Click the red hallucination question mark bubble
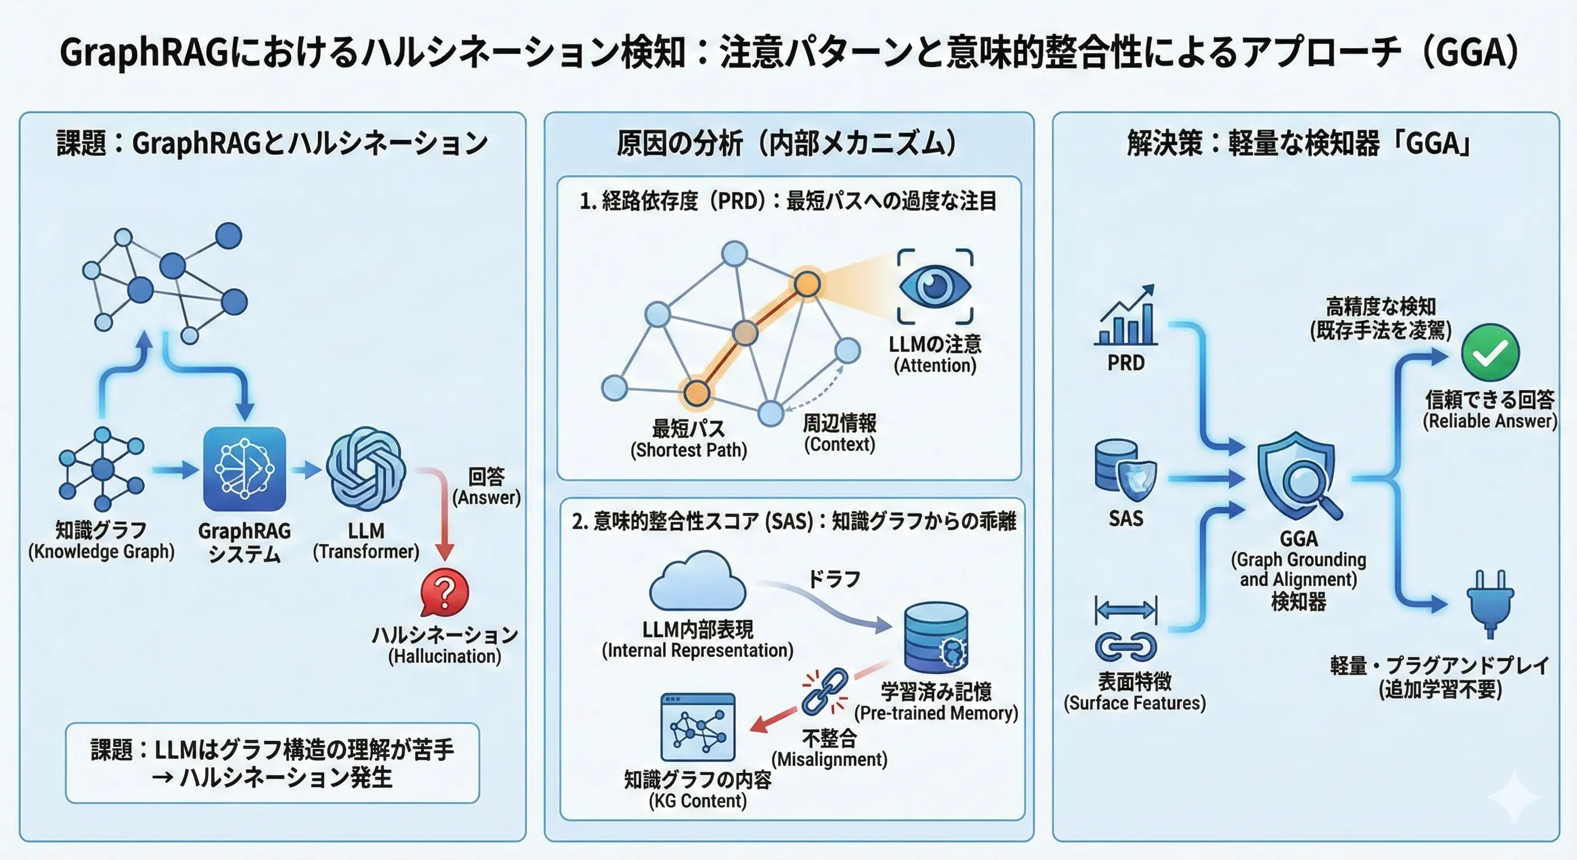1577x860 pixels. [445, 592]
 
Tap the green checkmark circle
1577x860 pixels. [1490, 352]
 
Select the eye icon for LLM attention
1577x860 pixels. [935, 286]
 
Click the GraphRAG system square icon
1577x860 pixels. [244, 469]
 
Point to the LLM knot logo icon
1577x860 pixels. [366, 469]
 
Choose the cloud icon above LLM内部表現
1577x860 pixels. [697, 582]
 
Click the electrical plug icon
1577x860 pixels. [1490, 603]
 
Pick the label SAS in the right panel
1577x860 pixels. [1126, 518]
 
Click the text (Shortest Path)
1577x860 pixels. [689, 451]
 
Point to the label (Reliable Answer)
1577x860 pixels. [1490, 421]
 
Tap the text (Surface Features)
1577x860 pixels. [1135, 703]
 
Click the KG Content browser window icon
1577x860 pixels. [698, 727]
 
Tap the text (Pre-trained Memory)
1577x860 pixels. [936, 713]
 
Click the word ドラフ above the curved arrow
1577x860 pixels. [834, 578]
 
